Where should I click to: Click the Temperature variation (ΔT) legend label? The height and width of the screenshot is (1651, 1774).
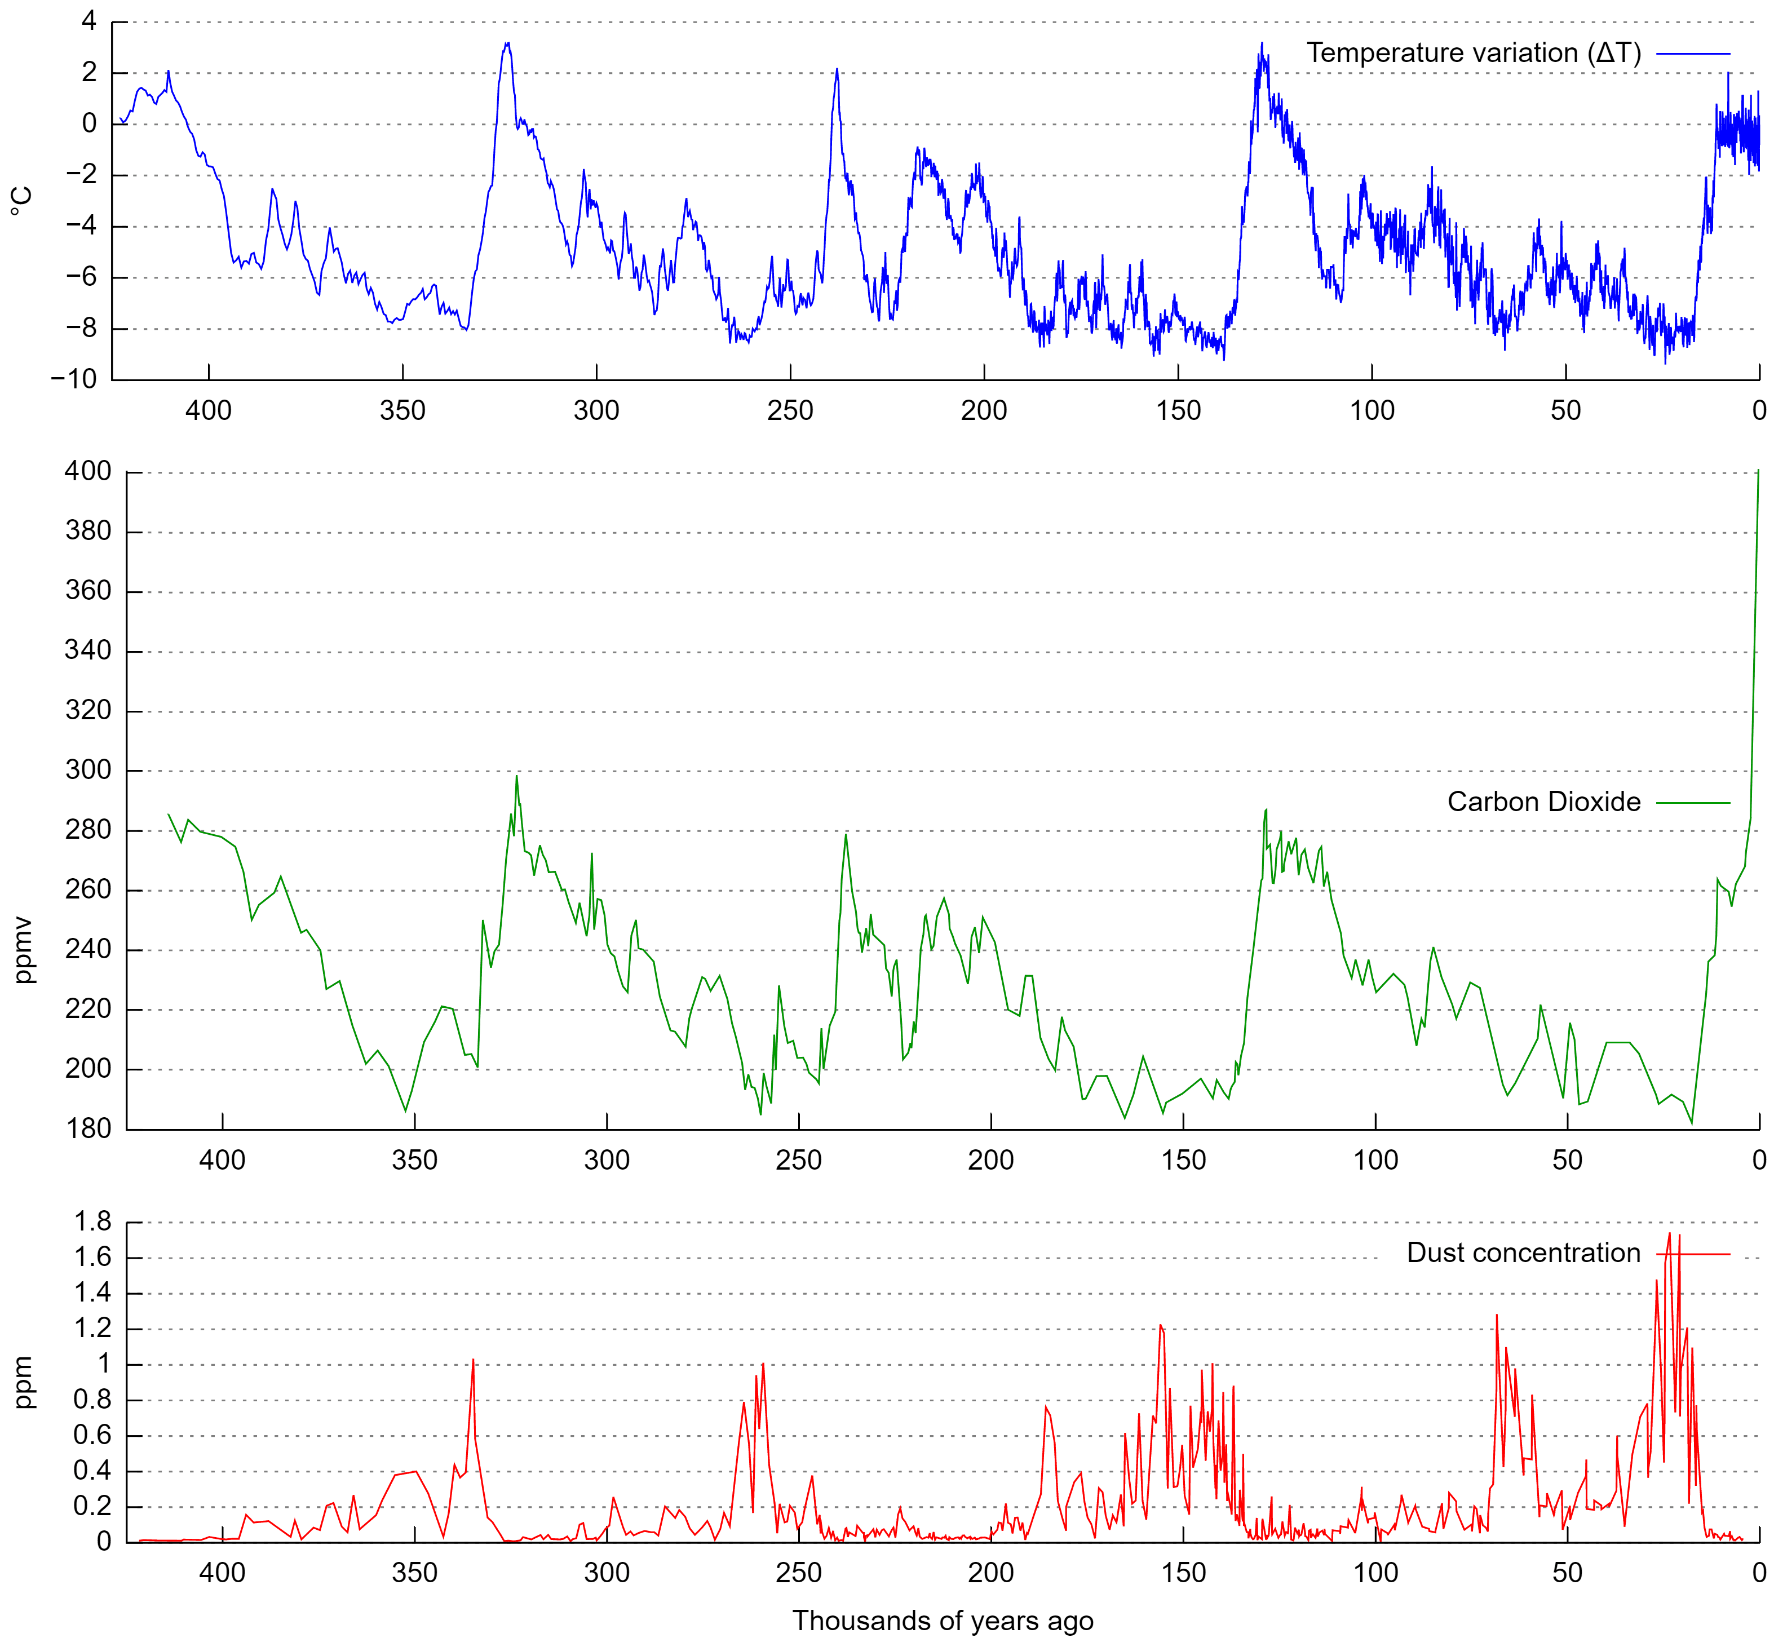[1474, 54]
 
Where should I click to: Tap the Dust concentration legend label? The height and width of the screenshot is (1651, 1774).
[1523, 1253]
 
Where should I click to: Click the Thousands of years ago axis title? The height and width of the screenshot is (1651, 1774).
[943, 1621]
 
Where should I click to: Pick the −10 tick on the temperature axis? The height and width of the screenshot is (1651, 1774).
[73, 379]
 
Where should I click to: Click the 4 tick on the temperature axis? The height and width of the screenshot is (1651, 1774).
[89, 21]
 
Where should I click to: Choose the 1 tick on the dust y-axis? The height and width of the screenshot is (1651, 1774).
[104, 1364]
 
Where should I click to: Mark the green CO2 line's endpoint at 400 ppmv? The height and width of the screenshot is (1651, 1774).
[1758, 470]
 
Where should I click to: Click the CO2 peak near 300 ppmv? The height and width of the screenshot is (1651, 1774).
[516, 776]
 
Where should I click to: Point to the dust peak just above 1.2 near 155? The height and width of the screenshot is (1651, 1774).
[1160, 1325]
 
